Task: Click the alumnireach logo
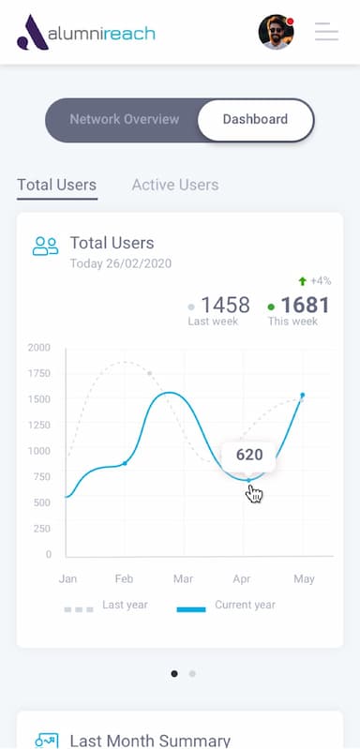(86, 33)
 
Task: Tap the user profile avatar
(276, 33)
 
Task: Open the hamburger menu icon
(326, 32)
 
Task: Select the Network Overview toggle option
(124, 120)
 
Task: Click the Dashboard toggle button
(255, 120)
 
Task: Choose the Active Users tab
(174, 185)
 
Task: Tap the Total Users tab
(56, 185)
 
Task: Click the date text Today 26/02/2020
(120, 263)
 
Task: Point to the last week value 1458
(225, 305)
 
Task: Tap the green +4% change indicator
(315, 280)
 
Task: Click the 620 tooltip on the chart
(248, 456)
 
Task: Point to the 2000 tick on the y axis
(38, 348)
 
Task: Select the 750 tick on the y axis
(41, 477)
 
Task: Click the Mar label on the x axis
(183, 579)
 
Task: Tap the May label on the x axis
(304, 579)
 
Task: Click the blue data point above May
(302, 396)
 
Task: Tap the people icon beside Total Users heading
(45, 247)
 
